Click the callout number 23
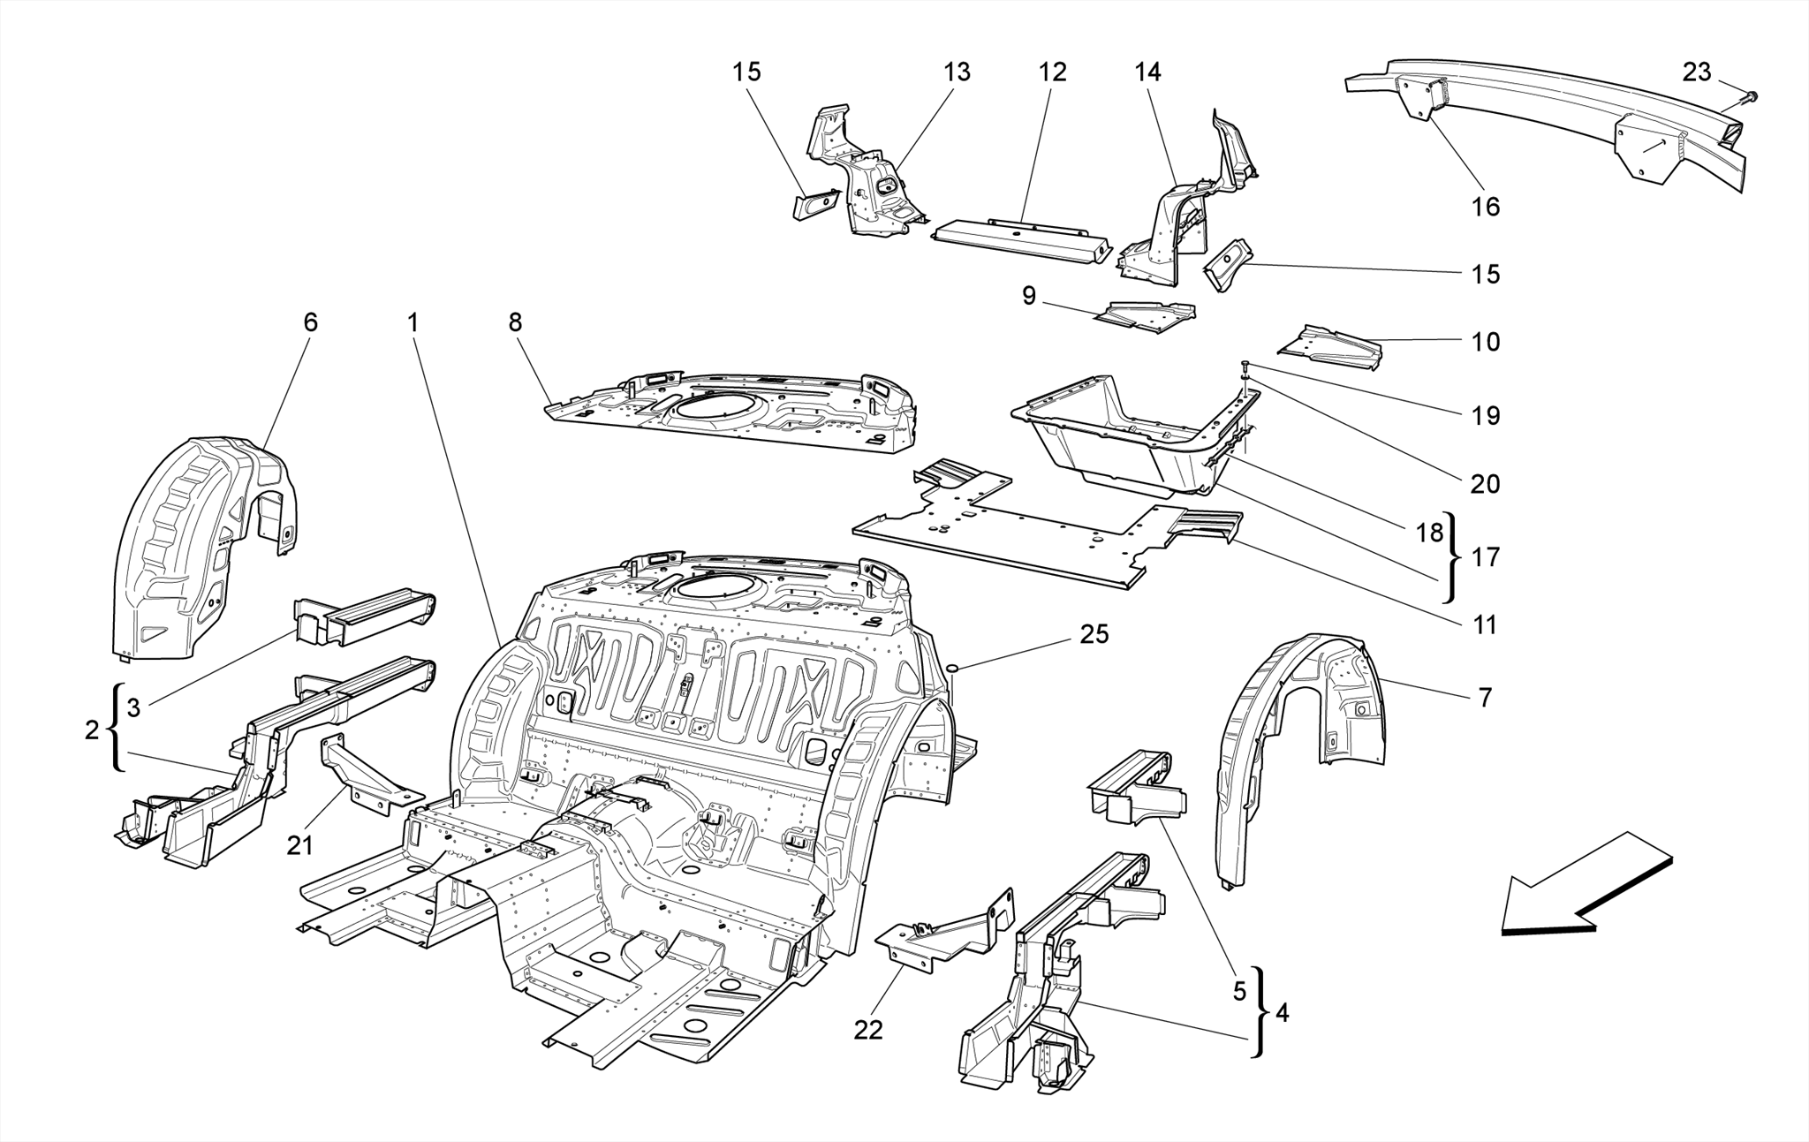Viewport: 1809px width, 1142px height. pyautogui.click(x=1696, y=72)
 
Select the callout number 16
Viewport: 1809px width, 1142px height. pyautogui.click(x=1486, y=206)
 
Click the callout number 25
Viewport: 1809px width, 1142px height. pyautogui.click(x=1094, y=634)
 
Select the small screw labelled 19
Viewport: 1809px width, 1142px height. pyautogui.click(x=1245, y=366)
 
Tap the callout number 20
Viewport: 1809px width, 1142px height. pyautogui.click(x=1486, y=483)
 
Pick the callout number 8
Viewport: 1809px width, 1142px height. pyautogui.click(x=515, y=322)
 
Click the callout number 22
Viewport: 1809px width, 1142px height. pyautogui.click(x=868, y=1030)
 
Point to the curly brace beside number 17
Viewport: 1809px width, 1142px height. pyautogui.click(x=1455, y=556)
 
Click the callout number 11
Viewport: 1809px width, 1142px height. pyautogui.click(x=1486, y=624)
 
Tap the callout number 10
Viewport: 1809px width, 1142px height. pyautogui.click(x=1486, y=342)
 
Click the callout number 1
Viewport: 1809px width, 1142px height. pyautogui.click(x=412, y=322)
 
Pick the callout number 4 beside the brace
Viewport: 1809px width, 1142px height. pyautogui.click(x=1282, y=1012)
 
